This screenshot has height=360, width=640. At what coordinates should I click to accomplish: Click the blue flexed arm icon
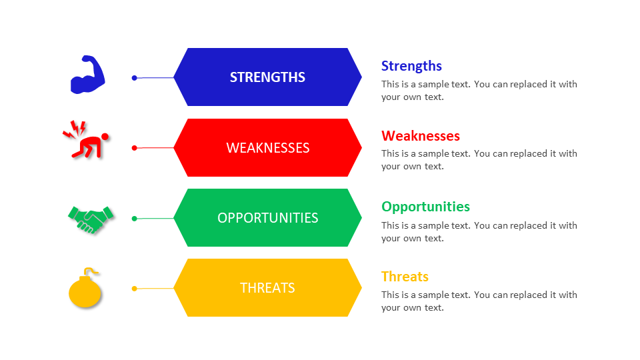pos(88,75)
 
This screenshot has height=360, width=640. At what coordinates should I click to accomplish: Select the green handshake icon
pos(91,219)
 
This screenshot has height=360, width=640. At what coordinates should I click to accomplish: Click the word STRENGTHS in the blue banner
pos(267,77)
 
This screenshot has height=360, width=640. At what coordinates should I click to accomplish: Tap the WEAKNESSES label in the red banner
pos(267,148)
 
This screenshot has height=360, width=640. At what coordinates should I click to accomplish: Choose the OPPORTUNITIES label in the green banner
pos(267,218)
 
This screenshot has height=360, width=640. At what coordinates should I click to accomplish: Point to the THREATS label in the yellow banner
pos(267,288)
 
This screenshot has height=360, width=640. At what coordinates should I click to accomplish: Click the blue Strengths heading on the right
pos(411,65)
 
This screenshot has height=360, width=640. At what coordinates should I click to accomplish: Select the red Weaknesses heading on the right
pos(421,136)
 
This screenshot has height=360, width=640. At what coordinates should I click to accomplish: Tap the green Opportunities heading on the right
pos(425,207)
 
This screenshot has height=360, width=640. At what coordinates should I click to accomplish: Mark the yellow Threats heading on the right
pos(405,277)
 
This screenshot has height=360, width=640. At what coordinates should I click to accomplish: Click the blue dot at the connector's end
pos(134,78)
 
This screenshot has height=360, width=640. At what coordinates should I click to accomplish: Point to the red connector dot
pos(134,148)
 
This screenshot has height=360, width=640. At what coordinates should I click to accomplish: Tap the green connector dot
pos(134,218)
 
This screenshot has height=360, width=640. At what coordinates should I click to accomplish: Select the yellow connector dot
pos(134,289)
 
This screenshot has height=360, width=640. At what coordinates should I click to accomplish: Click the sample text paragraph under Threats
pos(479,301)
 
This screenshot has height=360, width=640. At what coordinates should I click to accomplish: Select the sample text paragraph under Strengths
pos(479,91)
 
